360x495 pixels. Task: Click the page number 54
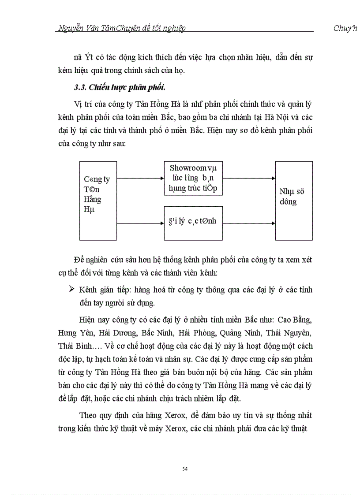pyautogui.click(x=185, y=469)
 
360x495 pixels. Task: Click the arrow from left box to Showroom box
pyautogui.click(x=140, y=179)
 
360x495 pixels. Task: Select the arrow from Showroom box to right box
pyautogui.click(x=249, y=179)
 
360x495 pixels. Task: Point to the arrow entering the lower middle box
pyautogui.click(x=140, y=223)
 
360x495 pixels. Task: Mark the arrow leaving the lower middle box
pyautogui.click(x=249, y=223)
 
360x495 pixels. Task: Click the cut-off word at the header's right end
pyautogui.click(x=345, y=29)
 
